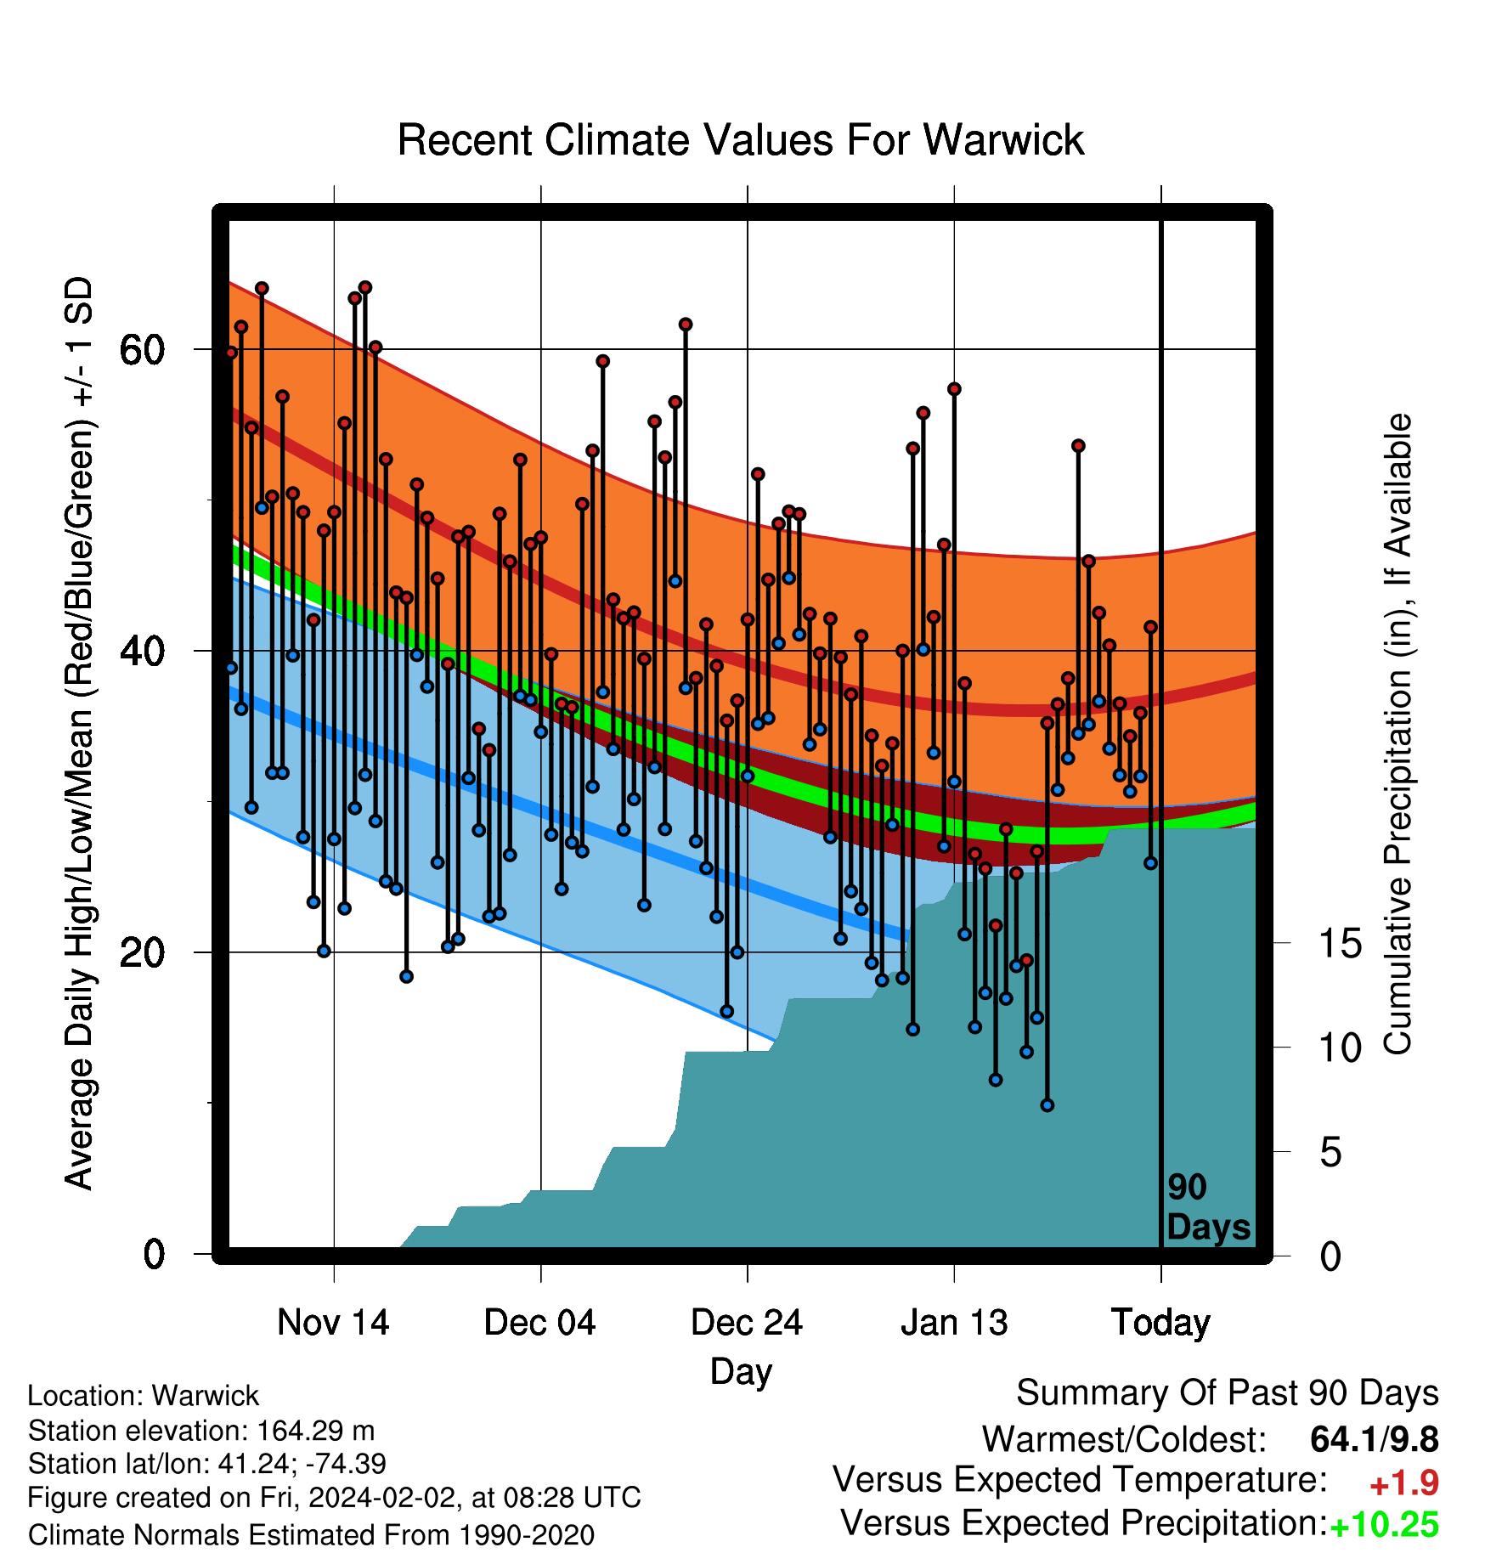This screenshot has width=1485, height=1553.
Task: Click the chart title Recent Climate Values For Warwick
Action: pyautogui.click(x=741, y=140)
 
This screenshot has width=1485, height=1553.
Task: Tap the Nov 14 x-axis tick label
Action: pyautogui.click(x=333, y=1323)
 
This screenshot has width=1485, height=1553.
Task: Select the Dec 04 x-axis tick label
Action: pyautogui.click(x=540, y=1323)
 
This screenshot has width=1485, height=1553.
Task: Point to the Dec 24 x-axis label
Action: pyautogui.click(x=747, y=1323)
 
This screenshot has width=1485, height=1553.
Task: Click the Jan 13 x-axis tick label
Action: pyautogui.click(x=954, y=1323)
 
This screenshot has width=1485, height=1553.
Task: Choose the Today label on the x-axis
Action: pyautogui.click(x=1160, y=1324)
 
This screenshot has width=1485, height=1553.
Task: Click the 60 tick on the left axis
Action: pyautogui.click(x=143, y=350)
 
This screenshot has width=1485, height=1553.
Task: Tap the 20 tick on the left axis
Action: pyautogui.click(x=143, y=952)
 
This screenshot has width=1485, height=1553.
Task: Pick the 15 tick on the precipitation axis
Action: pyautogui.click(x=1341, y=944)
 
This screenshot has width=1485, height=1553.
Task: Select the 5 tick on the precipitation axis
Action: pyautogui.click(x=1331, y=1153)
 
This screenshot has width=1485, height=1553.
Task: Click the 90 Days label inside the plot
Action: pyautogui.click(x=1208, y=1208)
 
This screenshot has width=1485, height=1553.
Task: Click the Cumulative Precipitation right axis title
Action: pyautogui.click(x=1398, y=734)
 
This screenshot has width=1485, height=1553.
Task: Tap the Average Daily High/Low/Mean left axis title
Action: pyautogui.click(x=79, y=733)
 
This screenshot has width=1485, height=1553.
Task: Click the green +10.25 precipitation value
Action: pyautogui.click(x=1384, y=1525)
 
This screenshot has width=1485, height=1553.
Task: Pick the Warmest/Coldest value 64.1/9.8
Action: pyautogui.click(x=1375, y=1440)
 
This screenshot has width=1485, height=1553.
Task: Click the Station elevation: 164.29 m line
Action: pyautogui.click(x=201, y=1432)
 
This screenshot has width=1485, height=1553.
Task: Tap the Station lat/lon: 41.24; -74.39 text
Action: pyautogui.click(x=207, y=1465)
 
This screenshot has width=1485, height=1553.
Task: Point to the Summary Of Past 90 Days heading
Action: pyautogui.click(x=1228, y=1393)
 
